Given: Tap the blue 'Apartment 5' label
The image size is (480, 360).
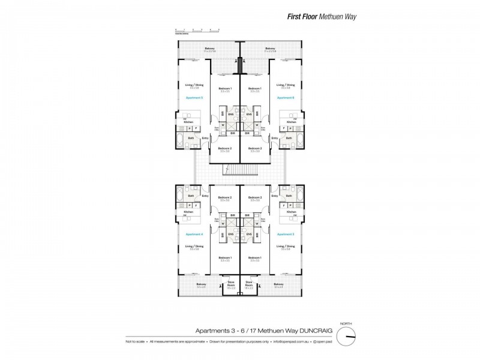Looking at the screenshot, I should pos(194,97).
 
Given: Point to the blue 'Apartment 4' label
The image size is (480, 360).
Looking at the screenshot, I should pos(194,234).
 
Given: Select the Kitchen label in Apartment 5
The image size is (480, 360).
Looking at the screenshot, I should pos(188,122).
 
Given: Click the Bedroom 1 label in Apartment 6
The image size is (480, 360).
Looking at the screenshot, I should pos(255,89).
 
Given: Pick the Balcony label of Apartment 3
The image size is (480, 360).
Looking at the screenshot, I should pos(278,284).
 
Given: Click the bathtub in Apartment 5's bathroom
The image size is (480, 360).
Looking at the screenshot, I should pos(181,142).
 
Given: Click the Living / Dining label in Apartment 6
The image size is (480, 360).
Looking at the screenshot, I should pos(286,85).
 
